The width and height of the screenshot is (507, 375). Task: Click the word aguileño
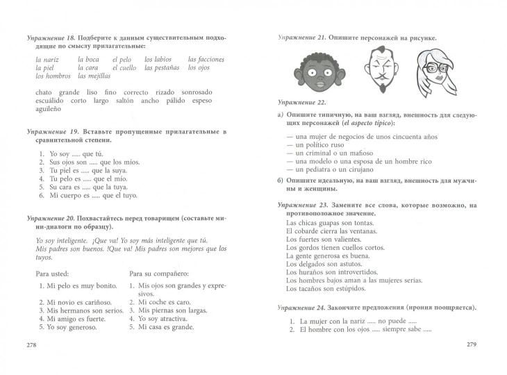48,109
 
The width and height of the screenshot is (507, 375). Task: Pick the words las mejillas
94,76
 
